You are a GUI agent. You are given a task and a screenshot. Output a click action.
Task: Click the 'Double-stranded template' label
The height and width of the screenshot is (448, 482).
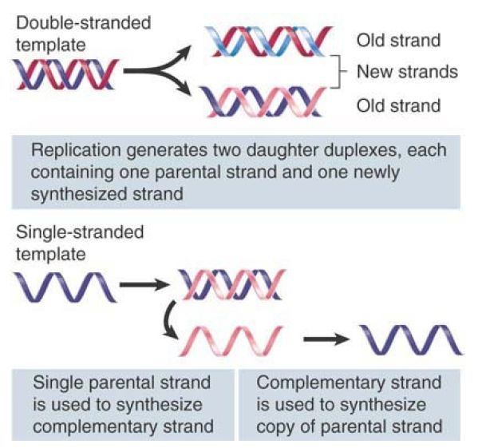click(x=83, y=34)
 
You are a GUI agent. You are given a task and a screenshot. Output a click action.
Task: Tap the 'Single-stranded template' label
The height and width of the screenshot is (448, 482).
click(x=80, y=243)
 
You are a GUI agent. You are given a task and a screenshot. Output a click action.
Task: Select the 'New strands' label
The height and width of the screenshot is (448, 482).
click(x=407, y=72)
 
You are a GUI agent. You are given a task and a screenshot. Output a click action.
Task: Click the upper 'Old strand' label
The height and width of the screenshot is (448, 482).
click(x=399, y=41)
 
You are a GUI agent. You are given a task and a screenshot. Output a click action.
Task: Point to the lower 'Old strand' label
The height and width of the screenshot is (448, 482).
click(x=399, y=105)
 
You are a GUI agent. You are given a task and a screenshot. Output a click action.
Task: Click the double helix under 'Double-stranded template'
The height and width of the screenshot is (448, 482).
click(x=65, y=74)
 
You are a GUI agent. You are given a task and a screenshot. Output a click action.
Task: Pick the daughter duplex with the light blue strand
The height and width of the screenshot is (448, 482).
click(x=269, y=42)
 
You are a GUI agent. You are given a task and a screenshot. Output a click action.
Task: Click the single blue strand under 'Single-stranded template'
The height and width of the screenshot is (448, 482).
click(x=65, y=287)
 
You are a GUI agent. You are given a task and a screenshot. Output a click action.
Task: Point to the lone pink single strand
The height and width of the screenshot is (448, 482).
click(x=231, y=341)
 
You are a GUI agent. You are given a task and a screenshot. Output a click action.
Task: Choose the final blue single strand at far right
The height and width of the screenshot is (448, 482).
click(x=411, y=339)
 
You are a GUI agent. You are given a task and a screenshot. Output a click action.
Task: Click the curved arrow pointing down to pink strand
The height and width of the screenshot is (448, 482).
click(x=168, y=320)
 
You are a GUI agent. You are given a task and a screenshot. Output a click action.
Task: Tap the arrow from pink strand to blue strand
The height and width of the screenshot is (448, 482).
click(x=326, y=339)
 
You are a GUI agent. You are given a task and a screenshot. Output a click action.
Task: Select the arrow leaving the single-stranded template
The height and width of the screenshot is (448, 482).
click(x=144, y=284)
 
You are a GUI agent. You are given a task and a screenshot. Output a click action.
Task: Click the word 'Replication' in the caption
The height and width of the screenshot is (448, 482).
click(x=76, y=150)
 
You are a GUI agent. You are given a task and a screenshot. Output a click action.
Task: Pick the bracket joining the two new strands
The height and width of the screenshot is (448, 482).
click(x=338, y=72)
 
